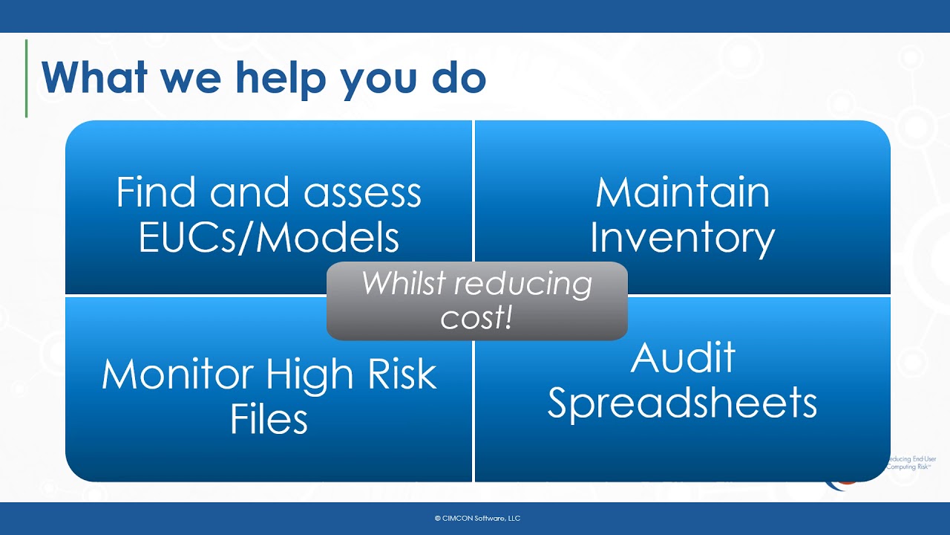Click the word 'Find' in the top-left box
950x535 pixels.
[157, 192]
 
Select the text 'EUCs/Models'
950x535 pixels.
[269, 238]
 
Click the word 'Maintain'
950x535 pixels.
[682, 192]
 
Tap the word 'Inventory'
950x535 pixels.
[682, 238]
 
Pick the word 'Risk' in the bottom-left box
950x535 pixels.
[402, 374]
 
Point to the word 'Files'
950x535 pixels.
[269, 419]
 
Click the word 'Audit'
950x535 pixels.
[682, 357]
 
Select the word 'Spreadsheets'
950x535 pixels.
[682, 403]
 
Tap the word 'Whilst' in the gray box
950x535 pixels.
[404, 283]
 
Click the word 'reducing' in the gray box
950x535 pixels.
[525, 283]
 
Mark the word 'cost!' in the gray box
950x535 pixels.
[476, 318]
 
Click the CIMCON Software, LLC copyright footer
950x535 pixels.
[476, 518]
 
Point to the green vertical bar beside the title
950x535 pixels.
[26, 78]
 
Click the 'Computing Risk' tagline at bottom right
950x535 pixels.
[911, 467]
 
